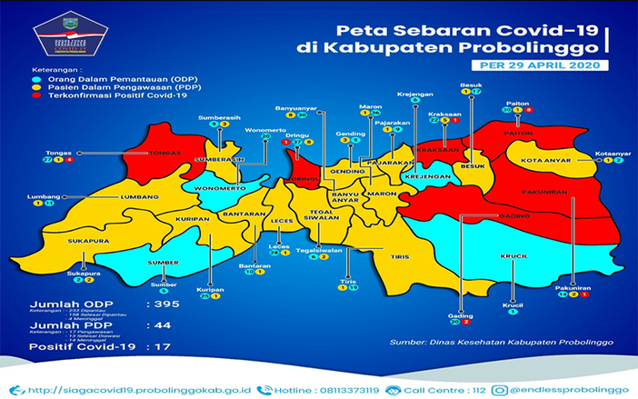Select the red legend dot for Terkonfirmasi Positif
point(27,95)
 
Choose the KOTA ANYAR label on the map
point(544,162)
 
